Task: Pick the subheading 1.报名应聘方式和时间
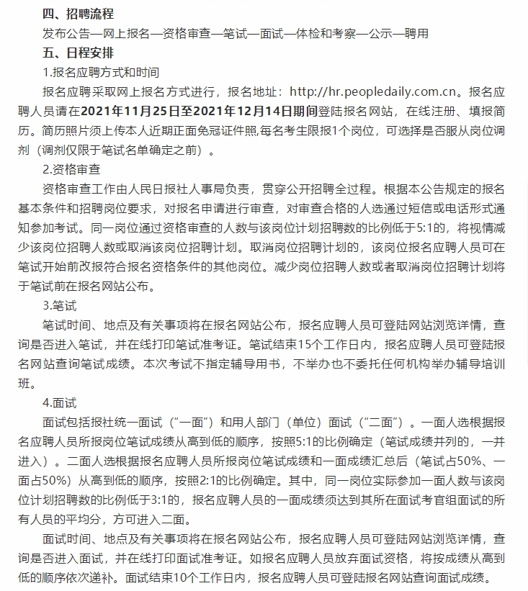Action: [x=101, y=73]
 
